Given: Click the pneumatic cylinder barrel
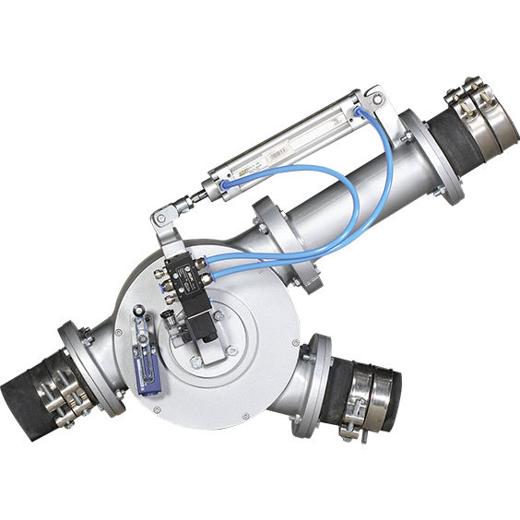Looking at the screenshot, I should (x=295, y=143).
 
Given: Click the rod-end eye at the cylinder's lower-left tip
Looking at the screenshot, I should (x=161, y=219).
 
